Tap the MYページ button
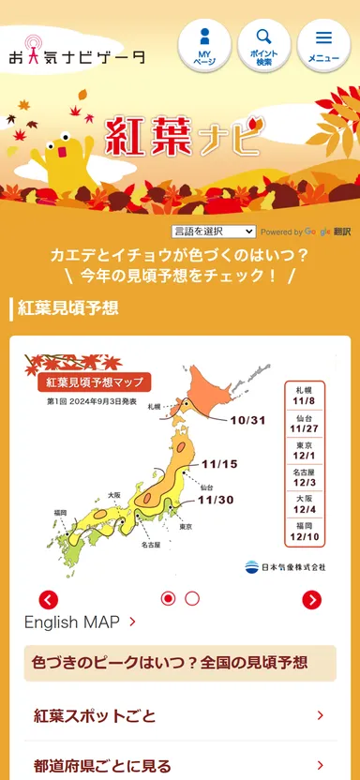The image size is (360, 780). (x=204, y=45)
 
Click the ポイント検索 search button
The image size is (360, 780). (x=263, y=45)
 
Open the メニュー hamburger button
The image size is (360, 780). (x=323, y=45)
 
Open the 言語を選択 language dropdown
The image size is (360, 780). (x=213, y=231)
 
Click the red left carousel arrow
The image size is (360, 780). (x=49, y=600)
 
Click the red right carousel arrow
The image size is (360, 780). (x=312, y=600)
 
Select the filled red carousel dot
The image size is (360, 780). (x=169, y=598)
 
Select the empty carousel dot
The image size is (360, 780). (x=192, y=598)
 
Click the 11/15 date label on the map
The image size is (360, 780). (x=219, y=463)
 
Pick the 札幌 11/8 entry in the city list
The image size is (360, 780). (x=304, y=394)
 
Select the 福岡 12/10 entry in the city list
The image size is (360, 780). (x=304, y=532)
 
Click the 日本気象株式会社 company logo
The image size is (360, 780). (x=285, y=566)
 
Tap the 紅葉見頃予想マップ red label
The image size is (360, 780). (x=94, y=382)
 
